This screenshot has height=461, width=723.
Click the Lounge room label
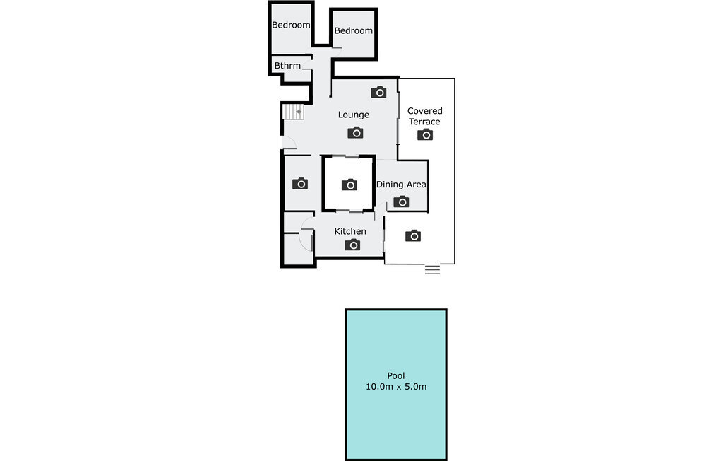[x=353, y=115]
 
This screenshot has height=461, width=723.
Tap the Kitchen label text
[x=350, y=231]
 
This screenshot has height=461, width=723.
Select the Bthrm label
[x=287, y=66]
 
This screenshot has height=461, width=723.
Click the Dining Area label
[x=401, y=185]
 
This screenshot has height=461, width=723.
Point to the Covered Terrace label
[x=424, y=116]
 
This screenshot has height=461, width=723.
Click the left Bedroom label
[x=291, y=25]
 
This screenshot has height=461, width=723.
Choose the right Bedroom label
[x=353, y=30]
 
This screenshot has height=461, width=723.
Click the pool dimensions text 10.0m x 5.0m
[x=396, y=387]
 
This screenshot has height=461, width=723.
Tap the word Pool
[x=396, y=375]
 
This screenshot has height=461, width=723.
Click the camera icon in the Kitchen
[x=352, y=245]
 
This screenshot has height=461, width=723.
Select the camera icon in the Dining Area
[x=401, y=202]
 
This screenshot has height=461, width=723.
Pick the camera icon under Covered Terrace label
[x=424, y=134]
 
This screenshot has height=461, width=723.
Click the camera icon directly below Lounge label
[x=355, y=132]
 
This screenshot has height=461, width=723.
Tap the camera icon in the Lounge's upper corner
[x=378, y=92]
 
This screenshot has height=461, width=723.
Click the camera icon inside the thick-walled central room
[x=349, y=185]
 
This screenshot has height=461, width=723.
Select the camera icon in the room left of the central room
[x=299, y=183]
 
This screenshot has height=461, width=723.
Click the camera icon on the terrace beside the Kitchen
[x=412, y=235]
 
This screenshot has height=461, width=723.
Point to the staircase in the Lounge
[x=293, y=112]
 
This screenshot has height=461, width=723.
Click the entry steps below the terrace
[x=432, y=269]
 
